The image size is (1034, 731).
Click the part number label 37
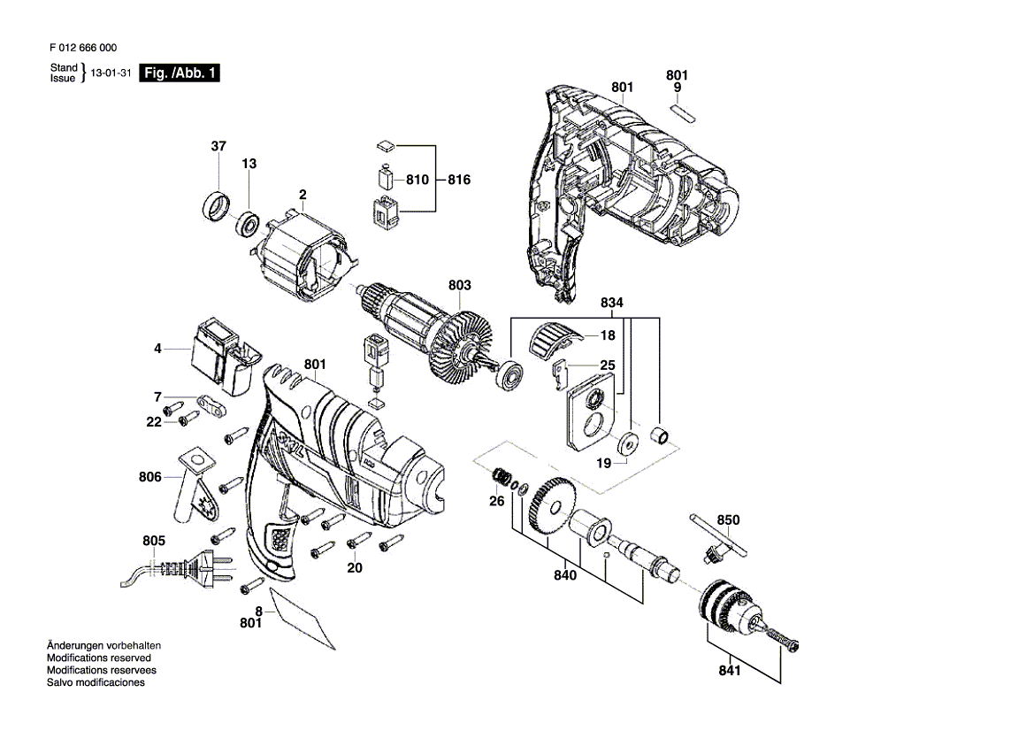pos(218,146)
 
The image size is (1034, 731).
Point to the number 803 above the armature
pos(460,285)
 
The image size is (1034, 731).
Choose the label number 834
pos(611,303)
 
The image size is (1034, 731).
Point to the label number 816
pos(459,180)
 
